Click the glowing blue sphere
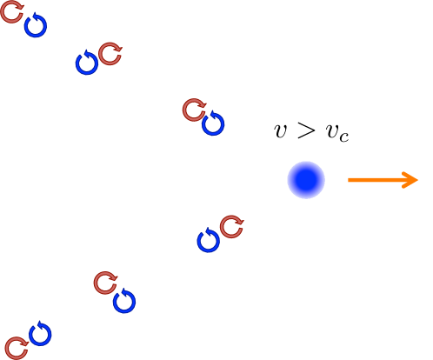(306, 180)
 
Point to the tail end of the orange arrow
(350, 180)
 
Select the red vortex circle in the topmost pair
(12, 12)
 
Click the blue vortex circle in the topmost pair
(35, 26)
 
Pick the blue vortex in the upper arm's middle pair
(86, 63)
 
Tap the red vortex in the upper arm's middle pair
(110, 54)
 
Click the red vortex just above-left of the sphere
(194, 110)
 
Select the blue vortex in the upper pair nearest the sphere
(213, 124)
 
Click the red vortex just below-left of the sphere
(231, 227)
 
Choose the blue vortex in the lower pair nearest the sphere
(208, 241)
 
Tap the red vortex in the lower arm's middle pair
(105, 283)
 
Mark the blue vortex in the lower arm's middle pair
(124, 302)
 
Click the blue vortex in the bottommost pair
(40, 334)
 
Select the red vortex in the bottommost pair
(17, 348)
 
